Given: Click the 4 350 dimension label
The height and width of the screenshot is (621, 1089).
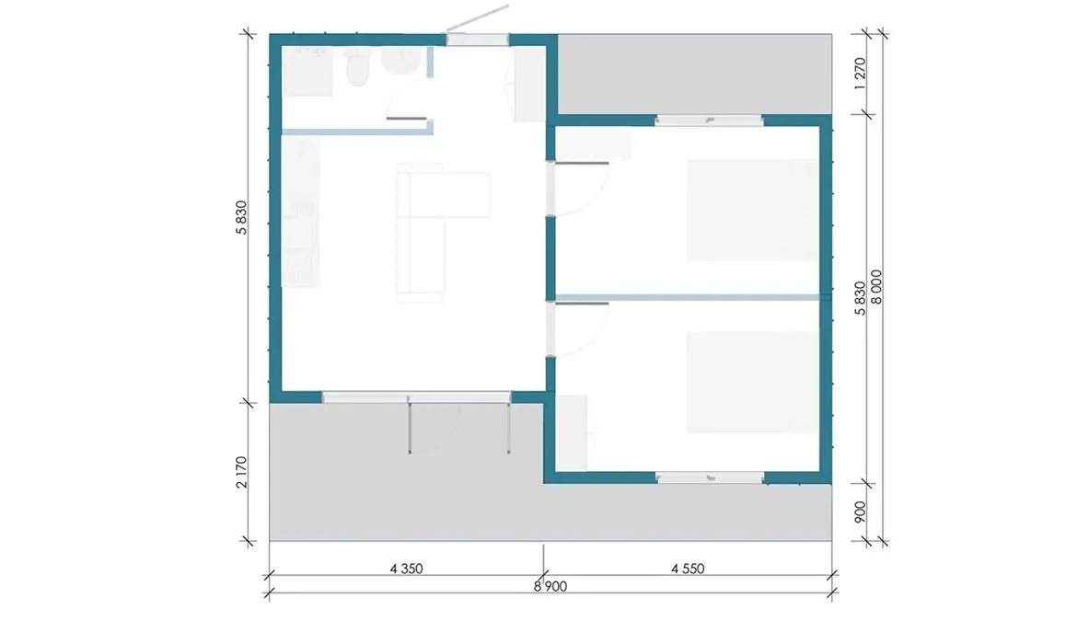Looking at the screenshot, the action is point(406,569).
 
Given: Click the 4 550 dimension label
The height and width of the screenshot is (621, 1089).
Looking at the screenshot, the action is point(688,569).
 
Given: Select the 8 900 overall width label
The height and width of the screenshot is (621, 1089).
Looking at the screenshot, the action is point(550,586).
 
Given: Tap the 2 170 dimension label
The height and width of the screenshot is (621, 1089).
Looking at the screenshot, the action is point(241,472).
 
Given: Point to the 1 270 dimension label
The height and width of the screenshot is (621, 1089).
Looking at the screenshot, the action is point(860,74).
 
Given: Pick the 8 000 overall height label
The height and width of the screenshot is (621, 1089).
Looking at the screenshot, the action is point(876,286).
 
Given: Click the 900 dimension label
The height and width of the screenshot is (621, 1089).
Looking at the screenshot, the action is point(860,512).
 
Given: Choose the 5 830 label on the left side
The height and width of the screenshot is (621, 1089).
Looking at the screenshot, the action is point(241,218).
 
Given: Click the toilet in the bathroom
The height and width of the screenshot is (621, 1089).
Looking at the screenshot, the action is point(358,66).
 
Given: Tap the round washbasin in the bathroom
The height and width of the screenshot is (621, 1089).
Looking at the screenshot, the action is point(400,61).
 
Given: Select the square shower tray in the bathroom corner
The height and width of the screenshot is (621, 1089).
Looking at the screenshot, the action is point(307,72).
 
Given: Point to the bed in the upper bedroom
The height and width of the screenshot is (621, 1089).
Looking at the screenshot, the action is point(752,211).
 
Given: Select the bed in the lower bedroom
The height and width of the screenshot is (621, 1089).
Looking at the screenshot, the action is point(752,383).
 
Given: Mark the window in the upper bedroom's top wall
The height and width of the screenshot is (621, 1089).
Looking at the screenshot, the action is point(709,121).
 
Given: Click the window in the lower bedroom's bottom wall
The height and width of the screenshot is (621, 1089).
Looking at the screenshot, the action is point(710,477).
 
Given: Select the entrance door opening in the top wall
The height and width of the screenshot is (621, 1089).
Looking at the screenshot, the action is point(478,40).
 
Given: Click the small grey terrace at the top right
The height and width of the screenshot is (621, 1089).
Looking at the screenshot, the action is point(695,75).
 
